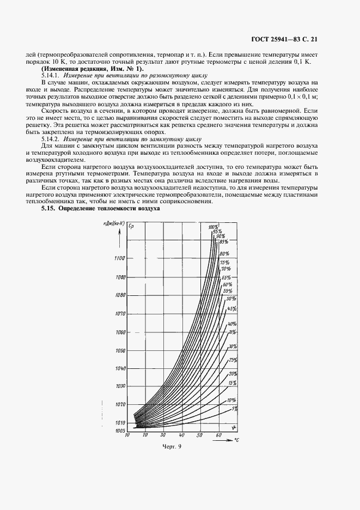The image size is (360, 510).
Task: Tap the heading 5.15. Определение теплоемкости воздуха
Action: coord(100,209)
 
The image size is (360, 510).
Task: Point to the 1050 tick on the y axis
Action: coord(120,350)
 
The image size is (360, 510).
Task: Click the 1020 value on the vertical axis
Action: coord(120,404)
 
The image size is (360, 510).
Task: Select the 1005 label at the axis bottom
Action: coord(120,430)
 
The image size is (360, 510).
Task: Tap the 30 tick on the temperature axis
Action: coord(163,436)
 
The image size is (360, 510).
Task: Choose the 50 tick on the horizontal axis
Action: coord(200,436)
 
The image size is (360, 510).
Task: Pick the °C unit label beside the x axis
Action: coord(236,439)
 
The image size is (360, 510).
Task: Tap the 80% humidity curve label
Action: coord(224,254)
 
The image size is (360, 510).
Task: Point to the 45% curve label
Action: coord(231,309)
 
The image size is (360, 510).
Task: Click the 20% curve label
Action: coord(233,374)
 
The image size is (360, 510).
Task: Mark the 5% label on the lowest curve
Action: coord(234,408)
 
